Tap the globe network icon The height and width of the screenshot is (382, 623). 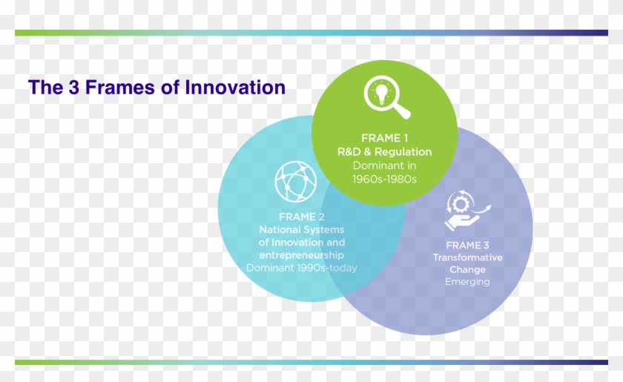[295, 182]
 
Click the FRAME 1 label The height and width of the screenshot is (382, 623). [384, 138]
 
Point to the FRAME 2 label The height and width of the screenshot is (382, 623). [301, 217]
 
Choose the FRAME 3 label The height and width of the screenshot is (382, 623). [467, 245]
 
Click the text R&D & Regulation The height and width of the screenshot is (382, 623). [384, 152]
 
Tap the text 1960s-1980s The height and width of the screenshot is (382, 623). [384, 179]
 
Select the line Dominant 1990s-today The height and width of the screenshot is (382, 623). [301, 268]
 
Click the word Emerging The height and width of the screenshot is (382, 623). [467, 282]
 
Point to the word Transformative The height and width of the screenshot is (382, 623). [467, 257]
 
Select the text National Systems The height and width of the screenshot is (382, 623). [301, 229]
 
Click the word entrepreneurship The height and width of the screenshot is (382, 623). [301, 254]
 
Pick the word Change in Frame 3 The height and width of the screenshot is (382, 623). [467, 269]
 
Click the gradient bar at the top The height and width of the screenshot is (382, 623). [311, 33]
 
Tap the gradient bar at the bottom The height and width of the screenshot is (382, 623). [311, 362]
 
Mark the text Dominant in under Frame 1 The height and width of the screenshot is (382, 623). [384, 165]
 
